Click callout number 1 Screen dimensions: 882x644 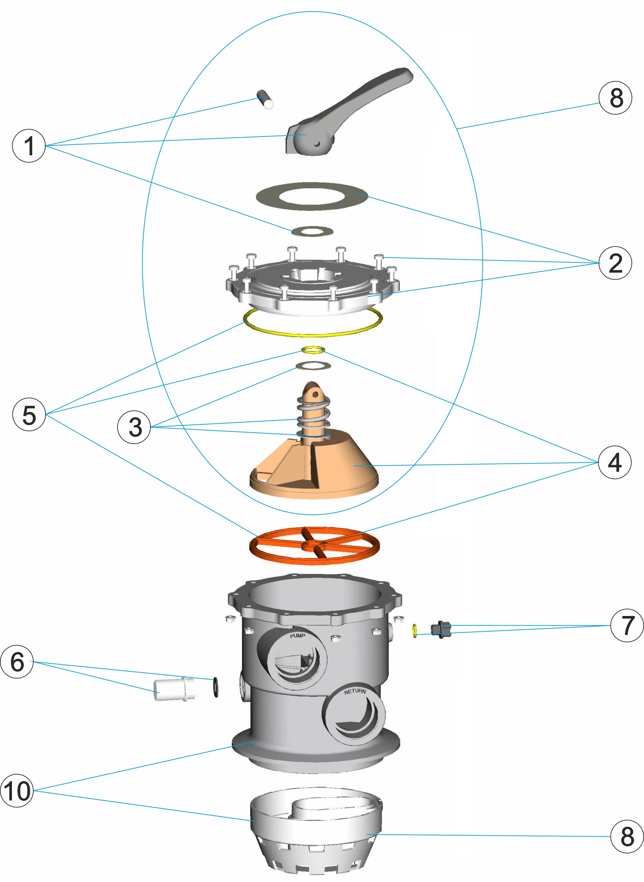[29, 146]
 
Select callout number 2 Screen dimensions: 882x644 [615, 263]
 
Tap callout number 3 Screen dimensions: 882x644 [134, 427]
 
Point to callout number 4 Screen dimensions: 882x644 [614, 463]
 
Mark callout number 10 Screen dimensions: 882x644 [17, 791]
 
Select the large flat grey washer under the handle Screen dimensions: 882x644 [312, 196]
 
